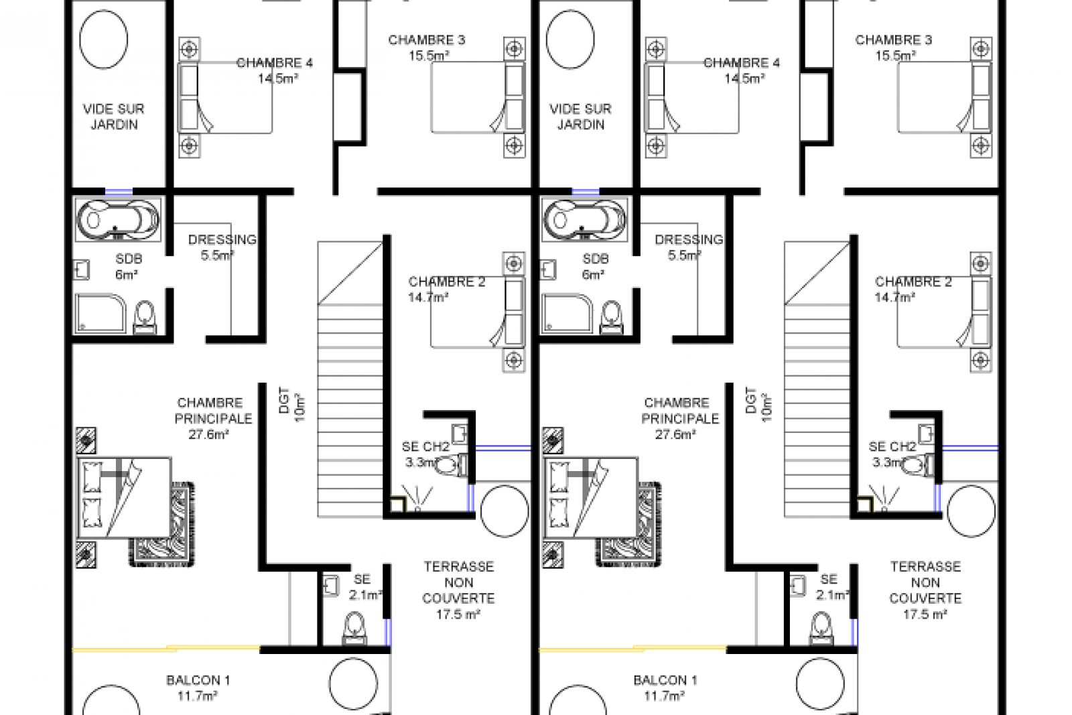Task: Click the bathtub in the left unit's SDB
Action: pyautogui.click(x=118, y=220)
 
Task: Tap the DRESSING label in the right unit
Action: pyautogui.click(x=689, y=239)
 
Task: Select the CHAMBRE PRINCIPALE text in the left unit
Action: pyautogui.click(x=212, y=411)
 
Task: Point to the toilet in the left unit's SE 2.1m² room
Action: pyautogui.click(x=355, y=629)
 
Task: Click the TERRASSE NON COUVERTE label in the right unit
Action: pyautogui.click(x=925, y=582)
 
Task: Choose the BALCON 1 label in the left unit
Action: pyautogui.click(x=198, y=680)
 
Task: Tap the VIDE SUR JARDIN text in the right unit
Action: pyautogui.click(x=580, y=117)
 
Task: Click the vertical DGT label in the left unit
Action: pyautogui.click(x=284, y=400)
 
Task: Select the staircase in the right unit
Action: pyautogui.click(x=817, y=379)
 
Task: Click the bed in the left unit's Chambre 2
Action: pyautogui.click(x=478, y=312)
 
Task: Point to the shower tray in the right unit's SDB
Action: pyautogui.click(x=567, y=314)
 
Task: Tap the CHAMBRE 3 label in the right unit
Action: pyautogui.click(x=894, y=40)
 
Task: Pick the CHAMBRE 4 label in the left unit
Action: pyautogui.click(x=274, y=63)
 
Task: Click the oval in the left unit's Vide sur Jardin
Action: pyautogui.click(x=103, y=40)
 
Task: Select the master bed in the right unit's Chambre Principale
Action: pyautogui.click(x=591, y=498)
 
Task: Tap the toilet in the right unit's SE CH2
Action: pyautogui.click(x=918, y=465)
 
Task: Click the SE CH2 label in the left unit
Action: pyautogui.click(x=425, y=447)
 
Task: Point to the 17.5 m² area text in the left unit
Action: pyautogui.click(x=458, y=614)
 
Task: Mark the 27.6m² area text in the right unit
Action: pyautogui.click(x=675, y=434)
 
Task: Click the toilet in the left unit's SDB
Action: pyautogui.click(x=145, y=316)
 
